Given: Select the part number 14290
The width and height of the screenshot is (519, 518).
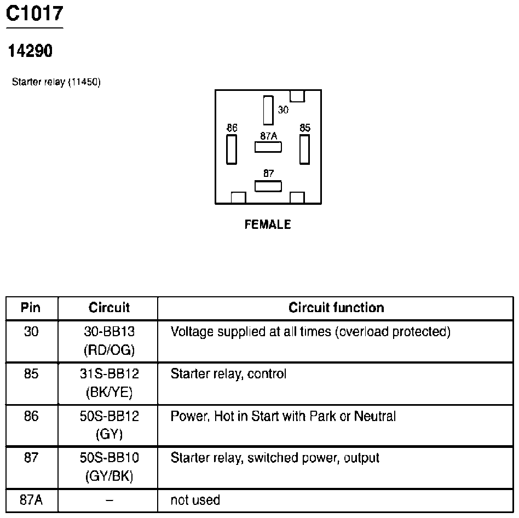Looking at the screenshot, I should point(30,51).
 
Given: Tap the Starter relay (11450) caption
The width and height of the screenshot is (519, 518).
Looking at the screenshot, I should point(56,82).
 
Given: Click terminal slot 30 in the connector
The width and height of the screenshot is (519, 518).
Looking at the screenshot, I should point(268,110).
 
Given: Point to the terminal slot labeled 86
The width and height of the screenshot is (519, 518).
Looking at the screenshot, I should point(232,149).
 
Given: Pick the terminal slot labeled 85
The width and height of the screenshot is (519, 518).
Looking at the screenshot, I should point(305,149).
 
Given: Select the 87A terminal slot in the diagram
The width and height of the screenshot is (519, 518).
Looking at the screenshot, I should point(268,147).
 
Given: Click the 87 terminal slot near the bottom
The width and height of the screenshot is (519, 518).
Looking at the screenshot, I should point(268,186).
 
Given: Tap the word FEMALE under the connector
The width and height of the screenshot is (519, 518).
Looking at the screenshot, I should point(268,225).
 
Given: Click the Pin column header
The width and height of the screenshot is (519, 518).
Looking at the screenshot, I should point(31,308).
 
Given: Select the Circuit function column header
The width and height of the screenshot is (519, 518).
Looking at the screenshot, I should point(336,308).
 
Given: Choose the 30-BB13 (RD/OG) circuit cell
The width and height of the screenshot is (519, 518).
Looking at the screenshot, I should point(109,341).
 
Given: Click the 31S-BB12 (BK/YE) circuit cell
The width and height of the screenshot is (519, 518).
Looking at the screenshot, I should point(109,383).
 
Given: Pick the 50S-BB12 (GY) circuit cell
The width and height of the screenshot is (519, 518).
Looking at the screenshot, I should point(109,425).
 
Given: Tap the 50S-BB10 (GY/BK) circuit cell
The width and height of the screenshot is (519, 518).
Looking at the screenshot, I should point(109,467).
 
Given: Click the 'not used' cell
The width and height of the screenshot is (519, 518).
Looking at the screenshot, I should point(195,500).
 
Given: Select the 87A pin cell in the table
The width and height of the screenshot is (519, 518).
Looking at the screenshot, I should point(31,500).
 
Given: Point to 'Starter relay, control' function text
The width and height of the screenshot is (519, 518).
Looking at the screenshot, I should point(228,375).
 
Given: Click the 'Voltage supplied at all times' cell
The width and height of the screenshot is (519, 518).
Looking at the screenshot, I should point(310,332).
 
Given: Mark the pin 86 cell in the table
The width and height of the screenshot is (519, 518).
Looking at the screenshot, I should point(31,417).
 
